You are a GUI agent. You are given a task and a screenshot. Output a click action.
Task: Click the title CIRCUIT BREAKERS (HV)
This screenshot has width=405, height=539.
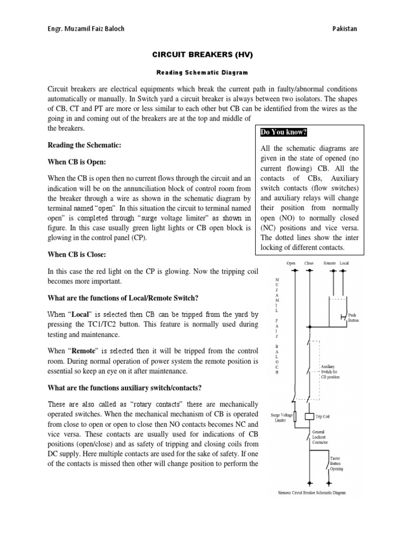pos(202,54)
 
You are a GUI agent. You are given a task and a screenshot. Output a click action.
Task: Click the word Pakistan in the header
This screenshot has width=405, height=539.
pos(343,28)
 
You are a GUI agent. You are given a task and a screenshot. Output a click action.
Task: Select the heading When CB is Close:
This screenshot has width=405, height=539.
pos(77,255)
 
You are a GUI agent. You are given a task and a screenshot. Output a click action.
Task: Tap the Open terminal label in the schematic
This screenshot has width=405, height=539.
pos(291,263)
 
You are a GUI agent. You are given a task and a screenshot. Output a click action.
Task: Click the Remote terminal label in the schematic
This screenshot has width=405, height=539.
pos(330,263)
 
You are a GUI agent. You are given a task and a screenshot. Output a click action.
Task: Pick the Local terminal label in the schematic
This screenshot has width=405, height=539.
pos(344,263)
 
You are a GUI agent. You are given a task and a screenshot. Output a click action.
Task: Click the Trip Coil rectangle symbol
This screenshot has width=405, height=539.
pos(310,416)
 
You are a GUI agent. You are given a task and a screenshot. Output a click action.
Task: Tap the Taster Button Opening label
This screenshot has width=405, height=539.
pos(337,463)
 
